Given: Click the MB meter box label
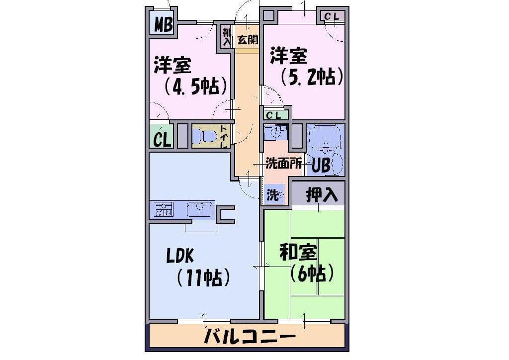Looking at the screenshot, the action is pos(163,24).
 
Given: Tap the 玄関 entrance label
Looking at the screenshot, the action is pos(248,40).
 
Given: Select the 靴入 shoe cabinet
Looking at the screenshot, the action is pos(227,36).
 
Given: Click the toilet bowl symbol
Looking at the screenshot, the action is pos(205,136).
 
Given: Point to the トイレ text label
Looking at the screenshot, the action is pos(224,137).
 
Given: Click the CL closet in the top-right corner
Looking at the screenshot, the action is pos(332,15).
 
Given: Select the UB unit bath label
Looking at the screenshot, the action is pos(321,165).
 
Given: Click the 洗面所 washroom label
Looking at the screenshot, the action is pos(283,163).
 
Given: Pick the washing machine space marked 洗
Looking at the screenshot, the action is pos(274,194).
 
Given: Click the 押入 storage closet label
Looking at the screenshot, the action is pos(322,195).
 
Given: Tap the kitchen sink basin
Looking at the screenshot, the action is pos(199,209).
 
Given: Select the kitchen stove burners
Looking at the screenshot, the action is pos(164,209).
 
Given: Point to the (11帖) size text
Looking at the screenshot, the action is pos(203,277).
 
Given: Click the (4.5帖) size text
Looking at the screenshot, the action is pos(194,86).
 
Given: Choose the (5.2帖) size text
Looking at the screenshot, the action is pos(311,77).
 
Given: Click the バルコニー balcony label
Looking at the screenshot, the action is pos(250,337).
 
